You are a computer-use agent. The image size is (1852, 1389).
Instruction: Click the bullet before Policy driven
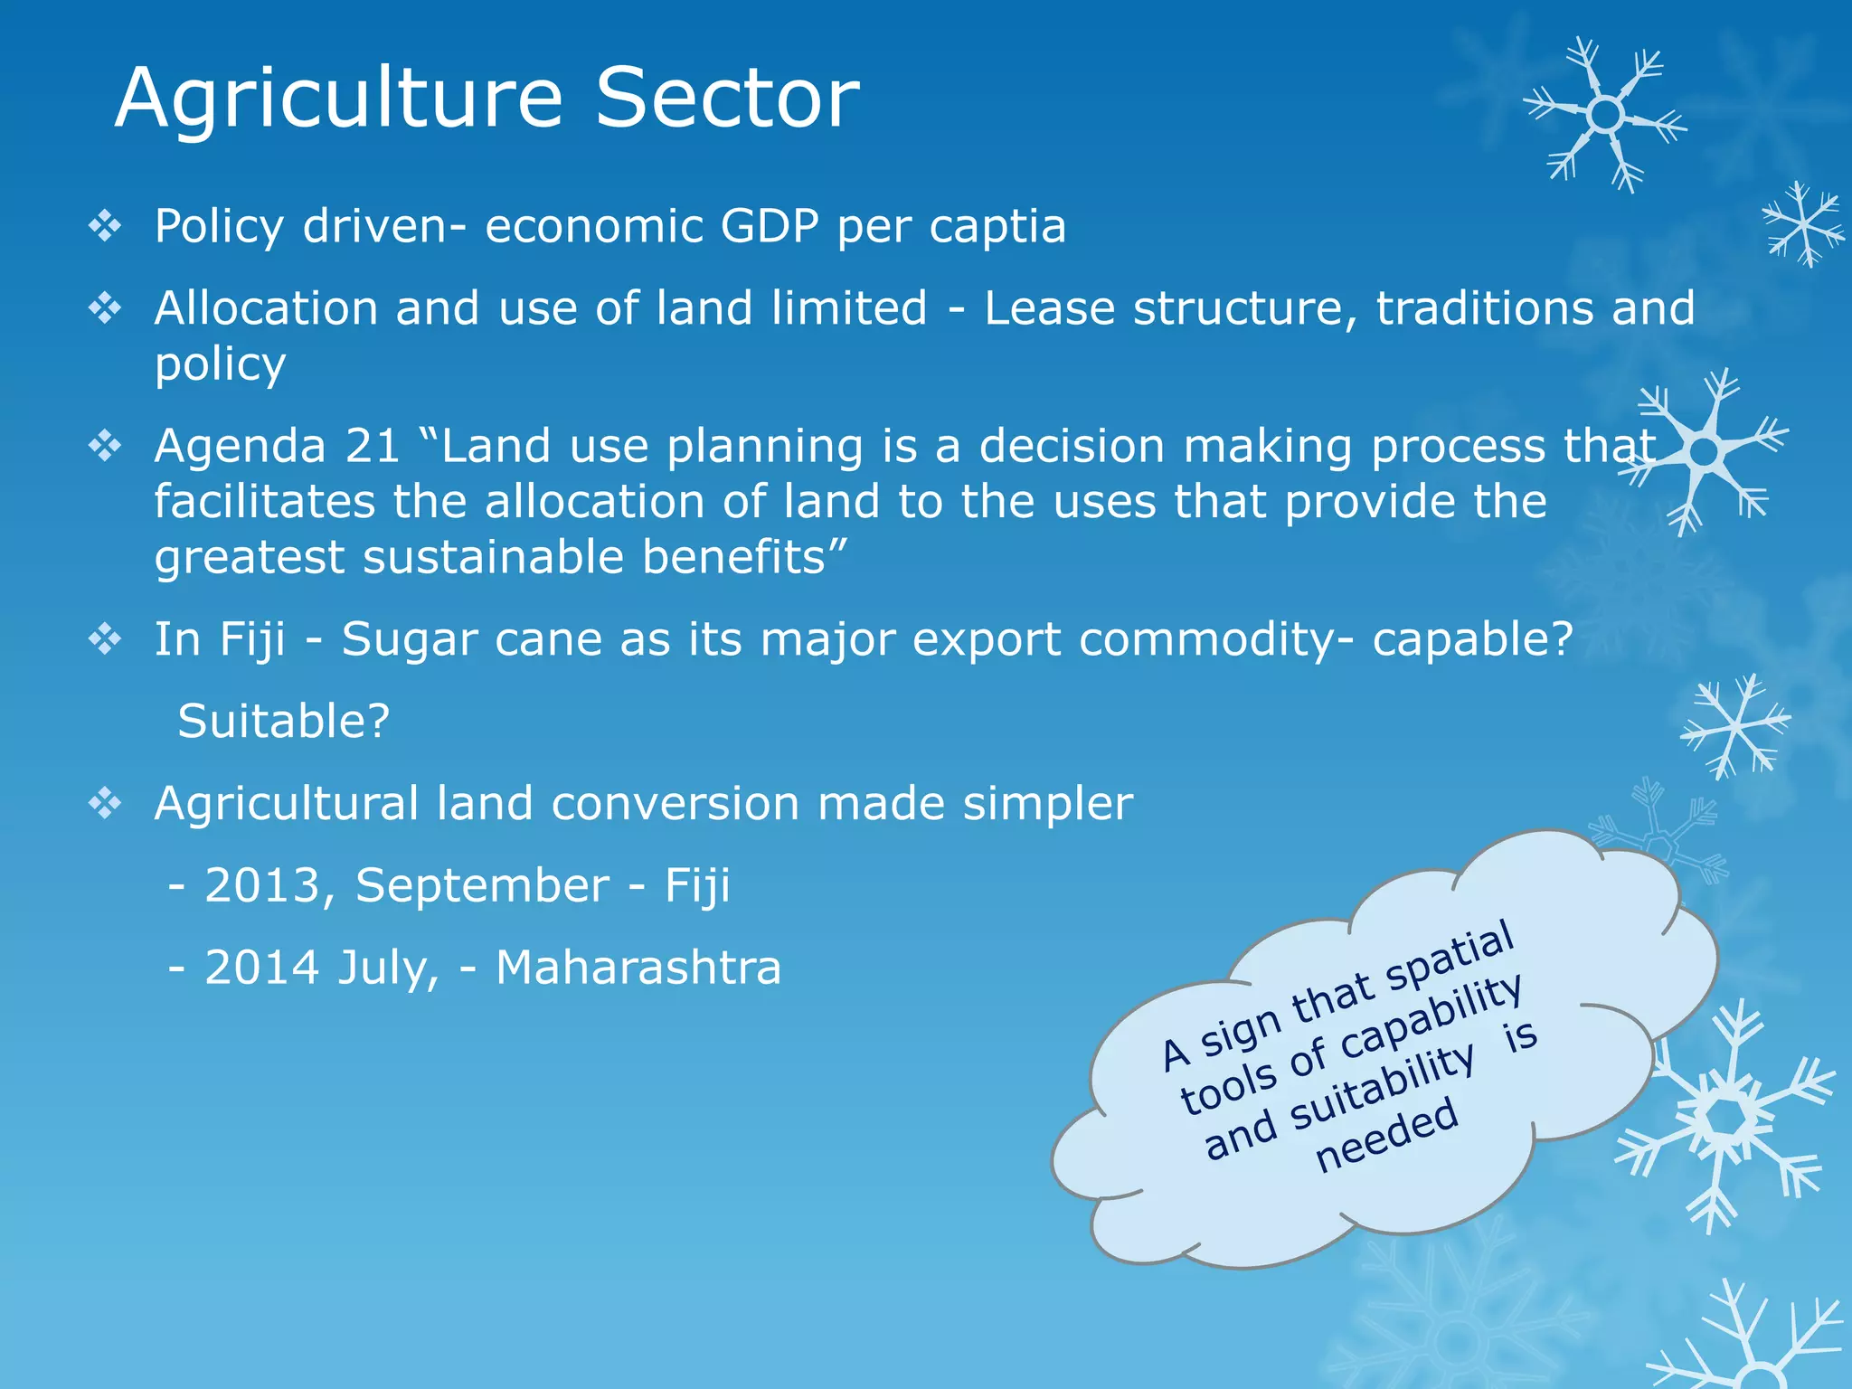105,226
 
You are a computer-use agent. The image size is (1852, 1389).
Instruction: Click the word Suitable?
283,722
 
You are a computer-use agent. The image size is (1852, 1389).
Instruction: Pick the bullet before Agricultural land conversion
105,803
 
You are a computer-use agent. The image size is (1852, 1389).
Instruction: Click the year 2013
263,885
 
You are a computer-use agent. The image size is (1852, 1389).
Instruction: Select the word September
482,885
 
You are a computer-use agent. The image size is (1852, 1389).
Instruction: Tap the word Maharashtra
638,968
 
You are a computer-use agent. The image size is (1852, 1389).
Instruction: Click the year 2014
263,968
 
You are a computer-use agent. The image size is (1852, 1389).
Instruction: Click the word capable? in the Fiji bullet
1473,639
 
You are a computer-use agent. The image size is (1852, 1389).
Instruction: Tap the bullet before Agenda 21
105,446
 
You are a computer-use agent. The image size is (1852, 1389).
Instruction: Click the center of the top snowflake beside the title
1605,115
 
